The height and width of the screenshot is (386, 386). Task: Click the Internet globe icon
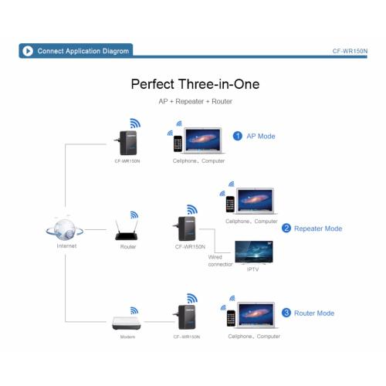(x=65, y=229)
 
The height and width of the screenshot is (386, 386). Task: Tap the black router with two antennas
(x=127, y=230)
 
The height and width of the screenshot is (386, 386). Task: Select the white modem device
(x=127, y=323)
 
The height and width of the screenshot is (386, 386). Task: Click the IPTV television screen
(x=254, y=252)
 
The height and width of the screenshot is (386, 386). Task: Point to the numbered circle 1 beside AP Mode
(x=238, y=136)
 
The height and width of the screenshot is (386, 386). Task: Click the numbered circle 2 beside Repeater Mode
(x=286, y=228)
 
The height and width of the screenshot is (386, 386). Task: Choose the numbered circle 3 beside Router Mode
(x=286, y=313)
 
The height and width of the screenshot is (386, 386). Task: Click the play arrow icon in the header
(x=28, y=51)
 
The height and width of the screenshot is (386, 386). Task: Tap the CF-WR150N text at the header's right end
(x=350, y=51)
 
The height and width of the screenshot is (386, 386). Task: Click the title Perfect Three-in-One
(x=195, y=84)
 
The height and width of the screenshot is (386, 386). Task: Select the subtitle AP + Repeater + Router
(x=195, y=101)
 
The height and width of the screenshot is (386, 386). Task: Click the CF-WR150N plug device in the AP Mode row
(x=126, y=143)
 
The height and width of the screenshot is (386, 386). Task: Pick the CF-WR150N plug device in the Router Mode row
(x=185, y=317)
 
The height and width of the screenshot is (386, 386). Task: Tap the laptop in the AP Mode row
(x=203, y=141)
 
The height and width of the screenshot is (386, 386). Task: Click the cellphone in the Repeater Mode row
(x=230, y=204)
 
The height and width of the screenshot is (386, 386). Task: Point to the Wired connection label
(x=220, y=260)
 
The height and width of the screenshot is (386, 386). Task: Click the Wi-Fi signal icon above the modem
(x=134, y=310)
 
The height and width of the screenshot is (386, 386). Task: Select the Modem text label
(x=127, y=337)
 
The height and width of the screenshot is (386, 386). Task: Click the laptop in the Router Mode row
(x=256, y=315)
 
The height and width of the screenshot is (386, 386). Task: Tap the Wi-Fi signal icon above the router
(x=134, y=215)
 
